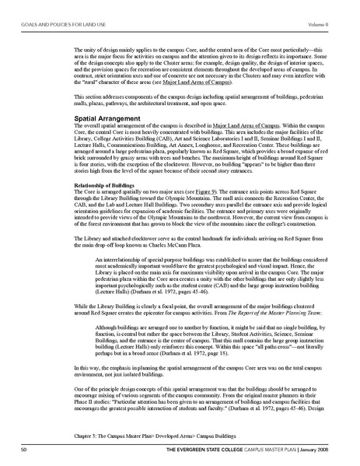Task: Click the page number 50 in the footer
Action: (25, 450)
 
